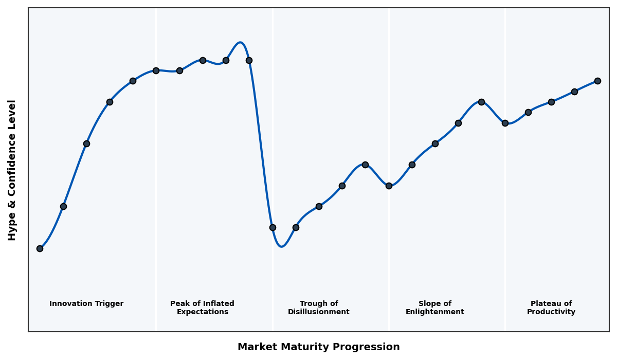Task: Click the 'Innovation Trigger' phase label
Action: click(86, 304)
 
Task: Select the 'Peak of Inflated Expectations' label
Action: click(202, 308)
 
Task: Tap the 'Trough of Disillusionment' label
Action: click(318, 308)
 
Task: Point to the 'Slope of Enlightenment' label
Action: click(434, 308)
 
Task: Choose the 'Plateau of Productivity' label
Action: click(551, 308)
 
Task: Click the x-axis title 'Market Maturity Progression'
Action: click(318, 347)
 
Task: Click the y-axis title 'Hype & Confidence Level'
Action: click(12, 170)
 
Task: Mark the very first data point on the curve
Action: click(40, 248)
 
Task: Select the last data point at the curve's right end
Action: click(597, 81)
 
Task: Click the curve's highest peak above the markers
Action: click(240, 43)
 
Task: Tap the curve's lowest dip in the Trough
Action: click(281, 246)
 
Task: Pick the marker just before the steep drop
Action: click(249, 60)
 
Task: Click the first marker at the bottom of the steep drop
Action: click(273, 227)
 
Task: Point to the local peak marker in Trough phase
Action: click(365, 165)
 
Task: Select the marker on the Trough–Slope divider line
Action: click(389, 186)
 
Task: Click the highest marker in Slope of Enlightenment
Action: click(481, 102)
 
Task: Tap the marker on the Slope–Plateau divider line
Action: click(505, 123)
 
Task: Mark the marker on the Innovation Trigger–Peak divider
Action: click(156, 70)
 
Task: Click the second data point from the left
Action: click(63, 206)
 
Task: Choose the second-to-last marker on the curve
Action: click(574, 92)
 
